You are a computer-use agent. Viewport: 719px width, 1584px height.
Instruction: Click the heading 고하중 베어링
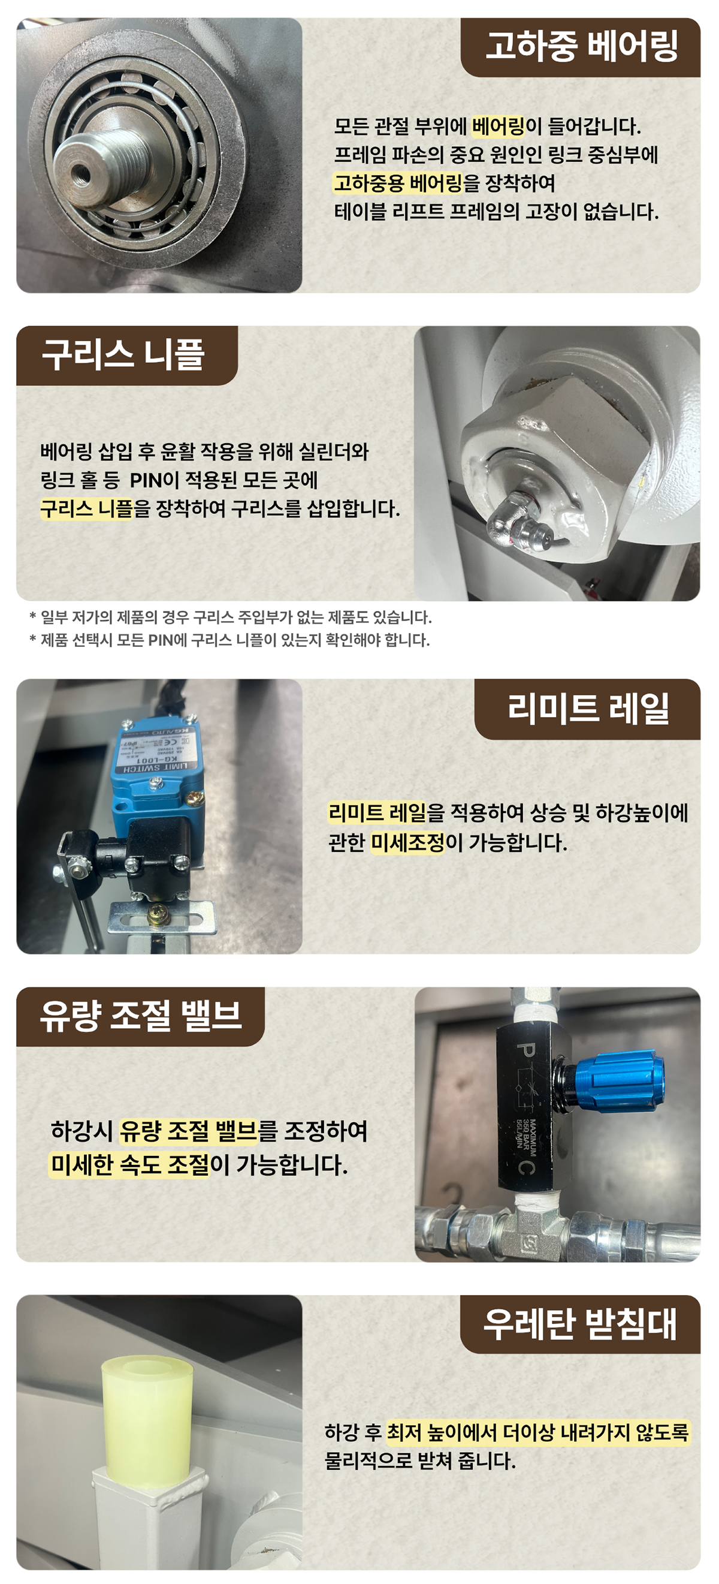click(581, 47)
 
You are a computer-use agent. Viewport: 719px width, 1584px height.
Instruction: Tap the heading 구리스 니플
click(123, 356)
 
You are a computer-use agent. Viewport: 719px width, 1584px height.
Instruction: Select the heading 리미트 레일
click(588, 709)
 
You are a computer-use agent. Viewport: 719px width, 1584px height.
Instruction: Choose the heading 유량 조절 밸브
click(141, 1016)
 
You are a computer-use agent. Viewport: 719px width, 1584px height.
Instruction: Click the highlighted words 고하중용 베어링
click(398, 183)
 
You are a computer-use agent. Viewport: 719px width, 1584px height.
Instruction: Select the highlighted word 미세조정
click(407, 842)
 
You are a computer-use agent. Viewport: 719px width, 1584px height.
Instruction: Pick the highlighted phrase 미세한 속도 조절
click(130, 1165)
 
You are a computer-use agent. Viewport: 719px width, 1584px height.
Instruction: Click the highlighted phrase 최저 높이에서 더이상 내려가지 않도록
click(537, 1433)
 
